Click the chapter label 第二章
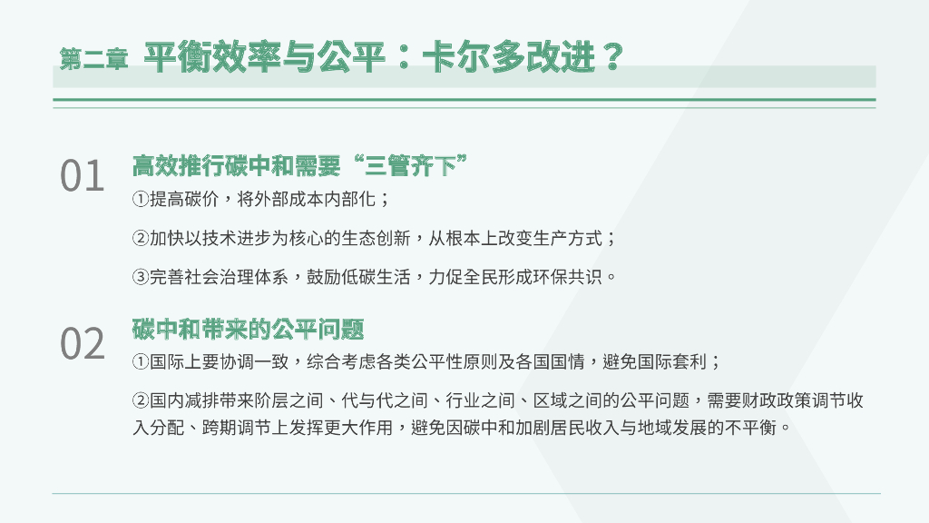[x=94, y=59]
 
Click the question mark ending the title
[x=611, y=57]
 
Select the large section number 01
[x=83, y=177]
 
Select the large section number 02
[x=83, y=344]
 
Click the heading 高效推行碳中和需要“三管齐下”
[x=299, y=166]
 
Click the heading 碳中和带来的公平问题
[x=248, y=329]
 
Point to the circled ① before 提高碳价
[x=140, y=199]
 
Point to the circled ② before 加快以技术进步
[x=140, y=239]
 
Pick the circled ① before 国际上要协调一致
[x=140, y=362]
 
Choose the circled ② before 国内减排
[x=140, y=401]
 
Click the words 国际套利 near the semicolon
[x=674, y=362]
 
